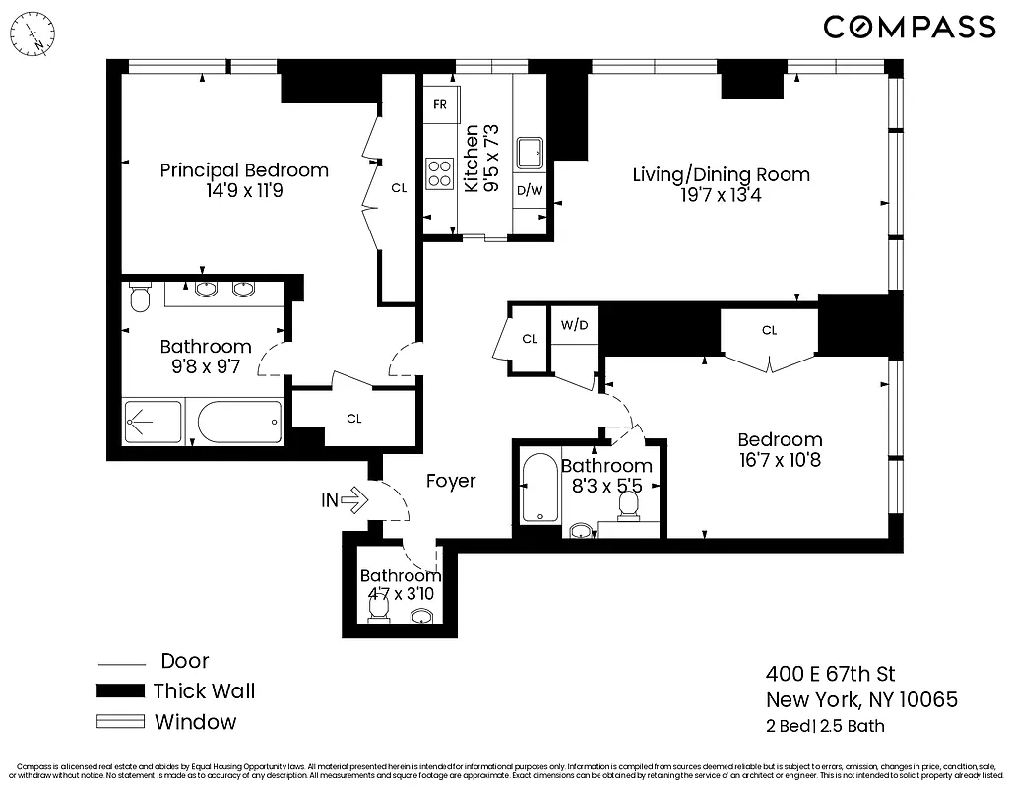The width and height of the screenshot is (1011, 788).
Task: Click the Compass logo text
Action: [x=909, y=28]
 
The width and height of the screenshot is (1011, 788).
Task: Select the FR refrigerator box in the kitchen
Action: [x=439, y=104]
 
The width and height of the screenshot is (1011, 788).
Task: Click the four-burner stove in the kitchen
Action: [x=439, y=174]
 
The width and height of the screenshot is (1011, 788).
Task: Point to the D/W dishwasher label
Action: [x=530, y=190]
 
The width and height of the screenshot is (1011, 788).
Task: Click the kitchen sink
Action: [x=532, y=153]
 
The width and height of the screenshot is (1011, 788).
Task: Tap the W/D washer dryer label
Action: [x=575, y=325]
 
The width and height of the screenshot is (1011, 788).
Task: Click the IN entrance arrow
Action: [x=345, y=500]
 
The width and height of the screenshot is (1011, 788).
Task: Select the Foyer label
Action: [x=451, y=481]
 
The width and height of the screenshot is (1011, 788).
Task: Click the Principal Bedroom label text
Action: [x=244, y=170]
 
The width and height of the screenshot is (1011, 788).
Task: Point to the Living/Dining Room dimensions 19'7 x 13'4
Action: [x=721, y=195]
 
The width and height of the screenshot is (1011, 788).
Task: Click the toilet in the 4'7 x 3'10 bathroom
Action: [x=377, y=611]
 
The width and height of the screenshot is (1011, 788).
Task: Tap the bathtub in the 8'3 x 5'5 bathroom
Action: [x=539, y=489]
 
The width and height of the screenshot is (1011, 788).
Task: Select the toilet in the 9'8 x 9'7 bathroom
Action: [x=140, y=297]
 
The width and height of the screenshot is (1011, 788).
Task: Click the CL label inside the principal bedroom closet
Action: [x=399, y=187]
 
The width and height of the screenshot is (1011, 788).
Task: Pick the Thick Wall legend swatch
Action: [x=119, y=691]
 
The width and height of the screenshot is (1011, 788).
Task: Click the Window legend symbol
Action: [x=119, y=722]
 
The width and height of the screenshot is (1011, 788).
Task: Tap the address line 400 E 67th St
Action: [x=831, y=675]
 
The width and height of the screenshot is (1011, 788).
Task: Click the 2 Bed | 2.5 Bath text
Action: [x=825, y=727]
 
